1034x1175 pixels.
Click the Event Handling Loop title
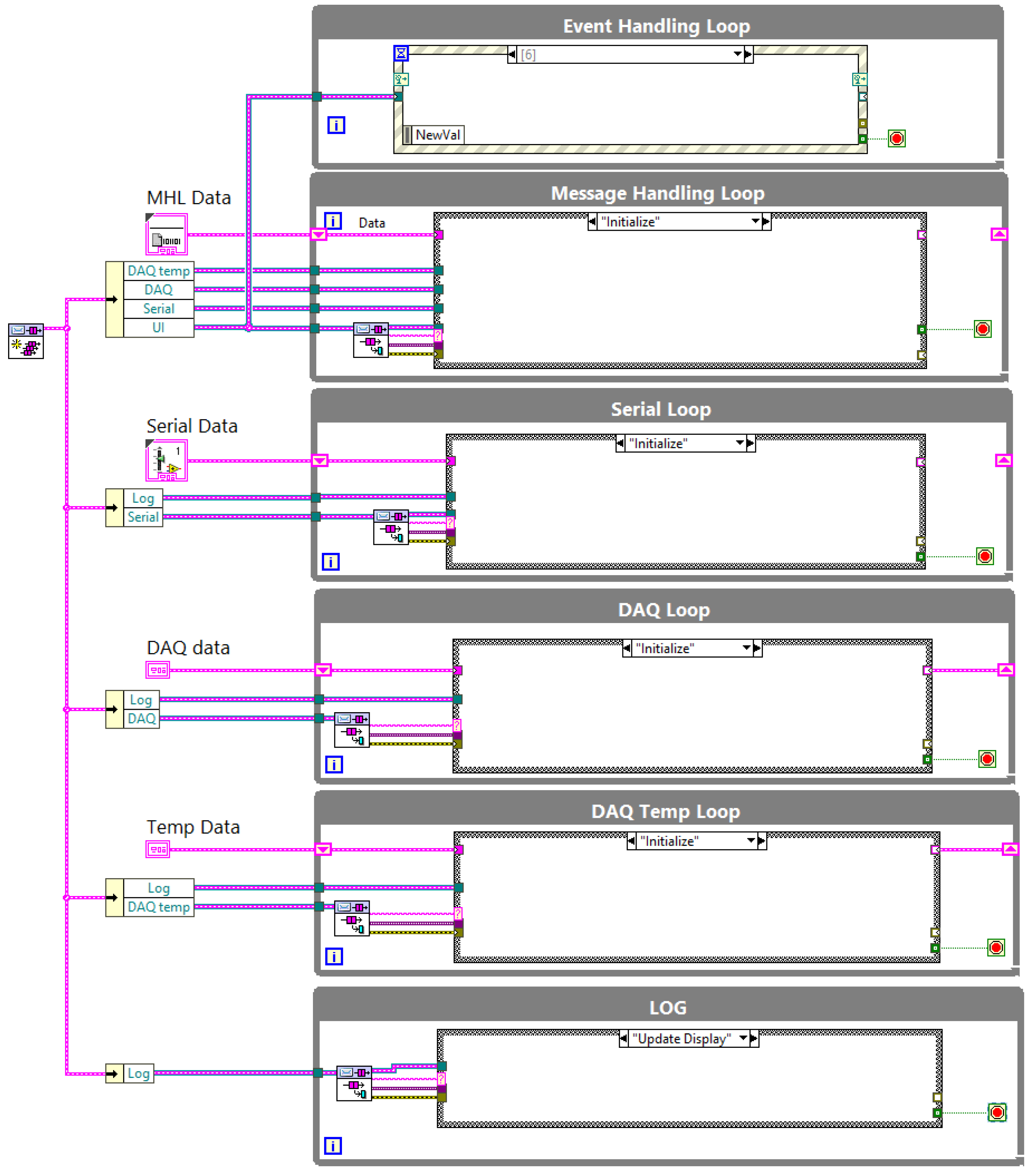click(x=656, y=26)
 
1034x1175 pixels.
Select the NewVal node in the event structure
click(x=437, y=135)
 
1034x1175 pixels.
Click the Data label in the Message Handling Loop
click(x=371, y=223)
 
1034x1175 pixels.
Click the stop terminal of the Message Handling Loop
click(x=982, y=329)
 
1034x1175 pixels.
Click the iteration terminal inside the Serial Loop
click(x=331, y=562)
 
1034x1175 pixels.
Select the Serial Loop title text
click(x=661, y=409)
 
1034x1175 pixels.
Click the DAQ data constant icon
click(x=158, y=670)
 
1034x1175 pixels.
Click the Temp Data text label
click(x=193, y=827)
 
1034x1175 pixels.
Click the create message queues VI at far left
click(x=26, y=341)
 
